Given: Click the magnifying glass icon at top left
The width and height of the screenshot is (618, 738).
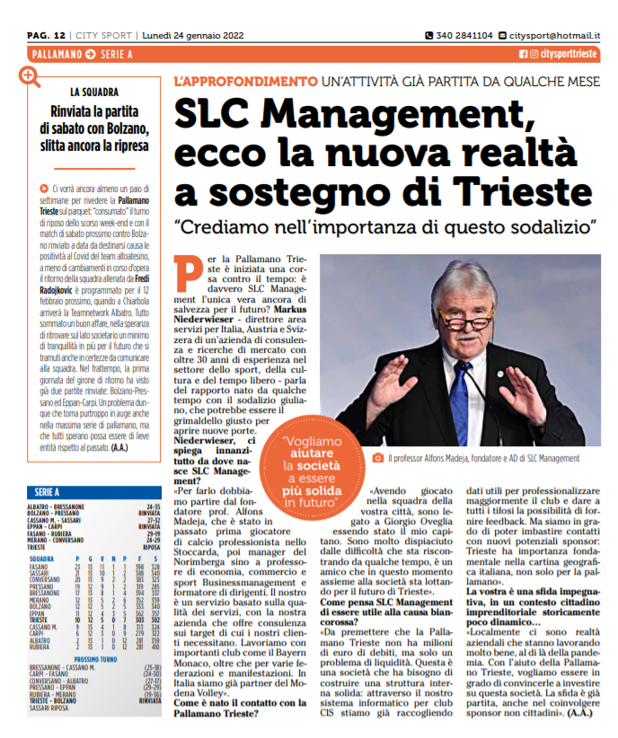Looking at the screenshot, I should click(x=31, y=76).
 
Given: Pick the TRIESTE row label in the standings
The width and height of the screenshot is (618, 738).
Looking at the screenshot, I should click(x=39, y=618).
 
